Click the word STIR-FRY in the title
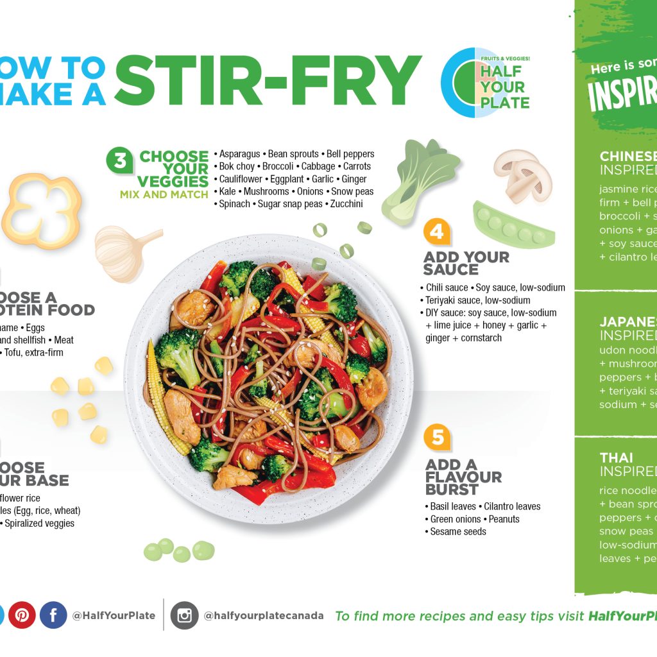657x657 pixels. [x=268, y=82]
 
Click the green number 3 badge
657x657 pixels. [x=120, y=160]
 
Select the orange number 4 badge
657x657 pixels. [x=437, y=232]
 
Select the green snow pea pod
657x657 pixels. [x=513, y=225]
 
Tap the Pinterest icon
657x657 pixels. [x=22, y=615]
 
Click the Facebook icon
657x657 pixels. [x=53, y=615]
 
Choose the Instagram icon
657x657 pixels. [x=185, y=615]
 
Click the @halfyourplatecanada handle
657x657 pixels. [x=264, y=615]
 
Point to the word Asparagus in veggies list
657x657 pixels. [x=239, y=154]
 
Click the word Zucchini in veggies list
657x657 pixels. [x=346, y=204]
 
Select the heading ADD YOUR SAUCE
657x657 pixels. [x=466, y=263]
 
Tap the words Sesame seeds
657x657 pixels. [x=458, y=531]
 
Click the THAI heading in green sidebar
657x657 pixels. [x=616, y=457]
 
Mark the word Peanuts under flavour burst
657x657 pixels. [x=503, y=519]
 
